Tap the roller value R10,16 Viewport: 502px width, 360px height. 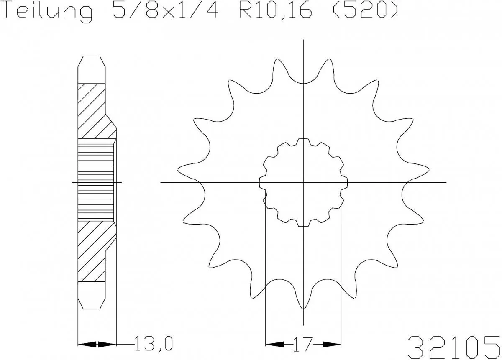point(274,12)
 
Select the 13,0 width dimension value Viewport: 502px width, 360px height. point(153,344)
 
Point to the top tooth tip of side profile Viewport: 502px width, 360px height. point(92,59)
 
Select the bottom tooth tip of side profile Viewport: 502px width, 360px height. point(92,305)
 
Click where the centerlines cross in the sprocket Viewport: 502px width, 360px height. point(303,183)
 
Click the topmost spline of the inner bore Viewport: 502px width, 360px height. point(303,140)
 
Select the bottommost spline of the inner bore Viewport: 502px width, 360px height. point(303,225)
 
